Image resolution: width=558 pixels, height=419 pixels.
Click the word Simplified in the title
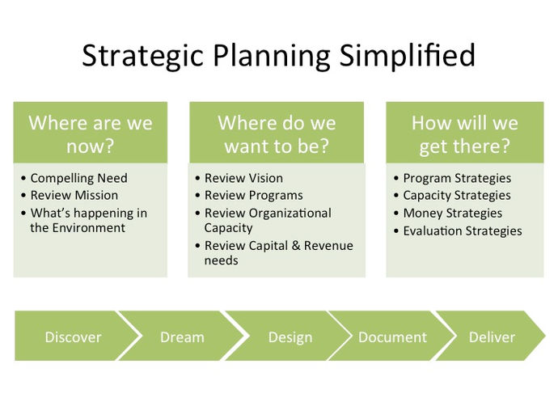tap(407, 56)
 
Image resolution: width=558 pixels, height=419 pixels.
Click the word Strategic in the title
tap(142, 57)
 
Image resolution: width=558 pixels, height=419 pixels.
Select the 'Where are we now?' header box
tap(91, 133)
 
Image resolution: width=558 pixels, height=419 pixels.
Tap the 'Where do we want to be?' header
tap(277, 133)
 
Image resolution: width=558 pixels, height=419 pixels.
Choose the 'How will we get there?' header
tap(465, 133)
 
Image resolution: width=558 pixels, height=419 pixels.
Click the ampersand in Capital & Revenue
tap(296, 246)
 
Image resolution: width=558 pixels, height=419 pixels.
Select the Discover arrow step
tap(74, 336)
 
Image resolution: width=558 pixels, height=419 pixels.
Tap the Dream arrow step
tap(182, 336)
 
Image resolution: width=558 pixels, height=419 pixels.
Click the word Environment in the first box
tap(88, 228)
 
